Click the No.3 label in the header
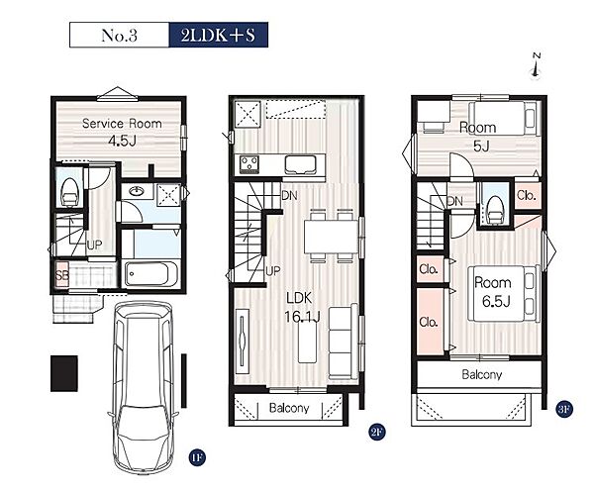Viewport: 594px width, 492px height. (x=119, y=36)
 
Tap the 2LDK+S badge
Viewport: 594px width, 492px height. (x=219, y=35)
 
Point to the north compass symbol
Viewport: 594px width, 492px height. (x=536, y=66)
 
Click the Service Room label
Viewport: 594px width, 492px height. (x=122, y=124)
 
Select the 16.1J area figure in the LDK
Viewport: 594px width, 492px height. (x=302, y=316)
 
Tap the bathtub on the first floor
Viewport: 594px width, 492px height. (x=151, y=274)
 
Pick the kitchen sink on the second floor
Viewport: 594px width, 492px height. (x=300, y=165)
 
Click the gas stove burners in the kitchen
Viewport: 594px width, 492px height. (x=249, y=164)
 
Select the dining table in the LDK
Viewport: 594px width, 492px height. (x=331, y=237)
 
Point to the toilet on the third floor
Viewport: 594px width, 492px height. (x=495, y=210)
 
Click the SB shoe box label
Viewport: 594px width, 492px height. (x=62, y=276)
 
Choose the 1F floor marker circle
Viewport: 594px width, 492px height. (x=197, y=458)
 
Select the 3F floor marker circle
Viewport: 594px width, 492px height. (x=564, y=410)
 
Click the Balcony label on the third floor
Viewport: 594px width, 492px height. (x=482, y=374)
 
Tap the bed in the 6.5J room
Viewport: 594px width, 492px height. (x=504, y=294)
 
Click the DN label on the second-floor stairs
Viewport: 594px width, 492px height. (x=289, y=196)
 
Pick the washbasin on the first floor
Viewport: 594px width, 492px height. (x=136, y=191)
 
